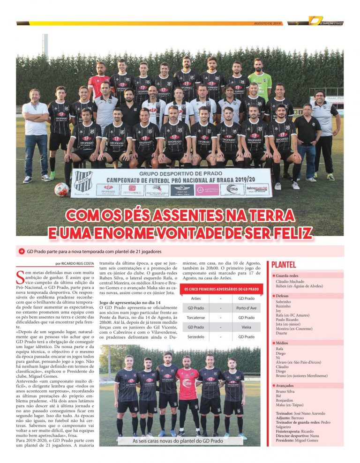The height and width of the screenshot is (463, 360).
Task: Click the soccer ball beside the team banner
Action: point(61,189)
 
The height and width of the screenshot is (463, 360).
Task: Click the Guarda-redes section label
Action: point(287,276)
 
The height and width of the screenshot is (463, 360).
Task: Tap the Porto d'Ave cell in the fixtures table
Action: point(246,308)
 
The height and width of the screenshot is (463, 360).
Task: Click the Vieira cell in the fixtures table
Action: point(246,327)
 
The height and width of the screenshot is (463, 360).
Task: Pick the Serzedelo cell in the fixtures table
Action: point(195,336)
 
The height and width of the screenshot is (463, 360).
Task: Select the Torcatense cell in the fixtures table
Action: point(195,317)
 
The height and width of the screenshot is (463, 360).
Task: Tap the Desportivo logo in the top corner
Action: point(326,22)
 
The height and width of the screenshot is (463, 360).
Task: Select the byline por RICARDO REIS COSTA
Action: point(74,264)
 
